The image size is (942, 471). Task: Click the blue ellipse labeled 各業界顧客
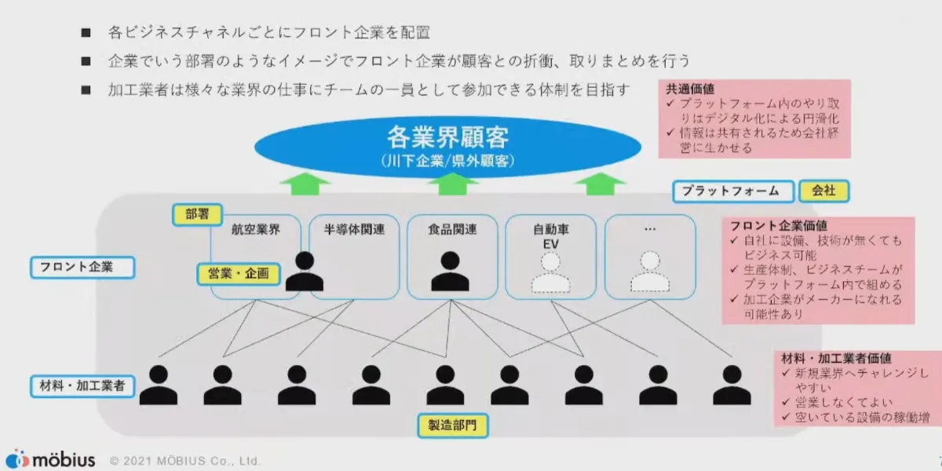[447, 146]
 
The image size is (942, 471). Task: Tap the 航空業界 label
[255, 230]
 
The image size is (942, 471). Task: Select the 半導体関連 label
[354, 230]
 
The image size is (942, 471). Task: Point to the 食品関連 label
[451, 230]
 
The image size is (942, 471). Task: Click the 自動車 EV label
[550, 237]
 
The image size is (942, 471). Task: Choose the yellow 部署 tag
[197, 214]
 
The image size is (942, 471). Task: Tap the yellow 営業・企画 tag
[238, 274]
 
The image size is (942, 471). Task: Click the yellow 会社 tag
[823, 191]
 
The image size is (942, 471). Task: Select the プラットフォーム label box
[730, 191]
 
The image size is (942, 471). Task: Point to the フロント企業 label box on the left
[82, 267]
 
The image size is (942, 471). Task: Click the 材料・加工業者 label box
[82, 385]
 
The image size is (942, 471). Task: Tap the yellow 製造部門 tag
[452, 426]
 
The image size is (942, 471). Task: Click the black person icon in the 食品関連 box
[450, 272]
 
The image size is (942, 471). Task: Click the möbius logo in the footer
[50, 459]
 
